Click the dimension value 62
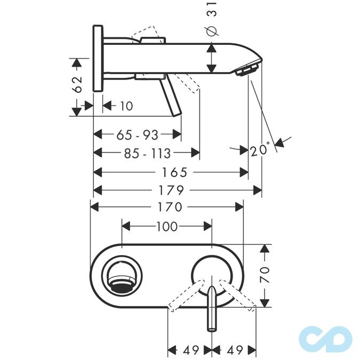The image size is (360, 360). tap(78, 84)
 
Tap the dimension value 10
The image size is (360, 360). tap(126, 106)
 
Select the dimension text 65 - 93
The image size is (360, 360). tap(137, 135)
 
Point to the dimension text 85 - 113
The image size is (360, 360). tap(147, 154)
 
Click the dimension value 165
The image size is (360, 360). tap(173, 172)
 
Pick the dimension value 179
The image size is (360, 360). tap(172, 190)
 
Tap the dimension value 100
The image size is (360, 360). tap(166, 227)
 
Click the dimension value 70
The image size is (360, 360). tap(266, 275)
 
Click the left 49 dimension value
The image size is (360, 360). tap(190, 350)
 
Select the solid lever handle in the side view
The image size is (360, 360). tap(173, 96)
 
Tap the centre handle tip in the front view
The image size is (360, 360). tap(212, 326)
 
